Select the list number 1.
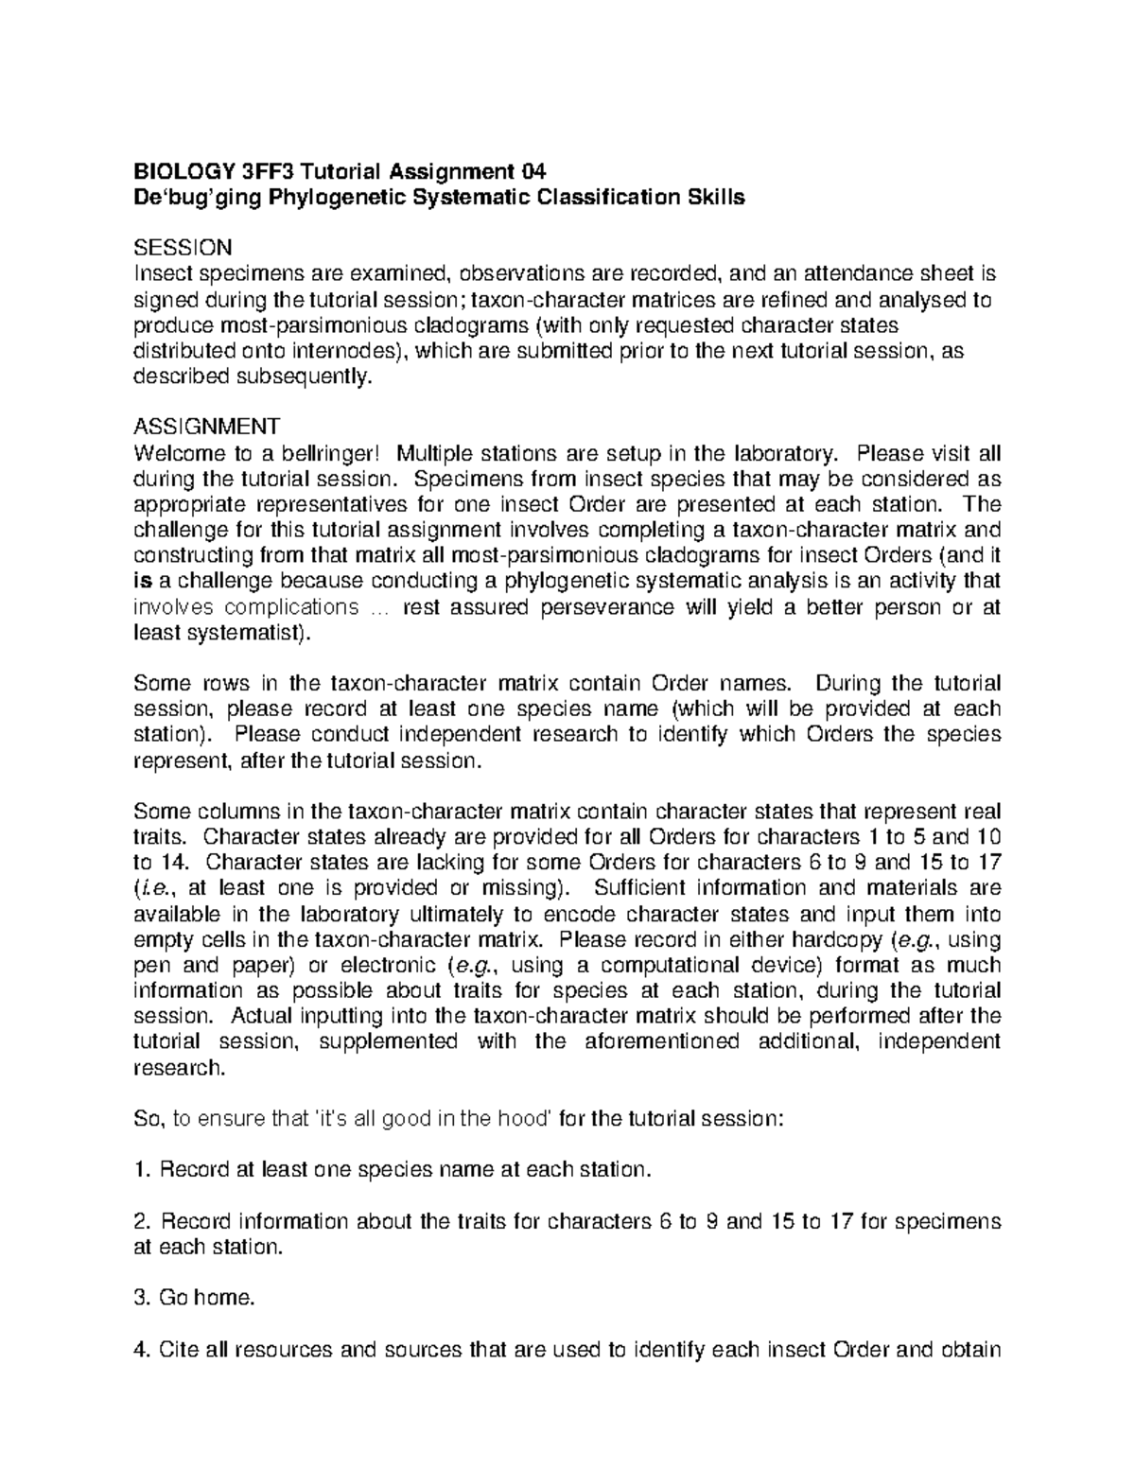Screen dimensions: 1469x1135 pos(143,1170)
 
